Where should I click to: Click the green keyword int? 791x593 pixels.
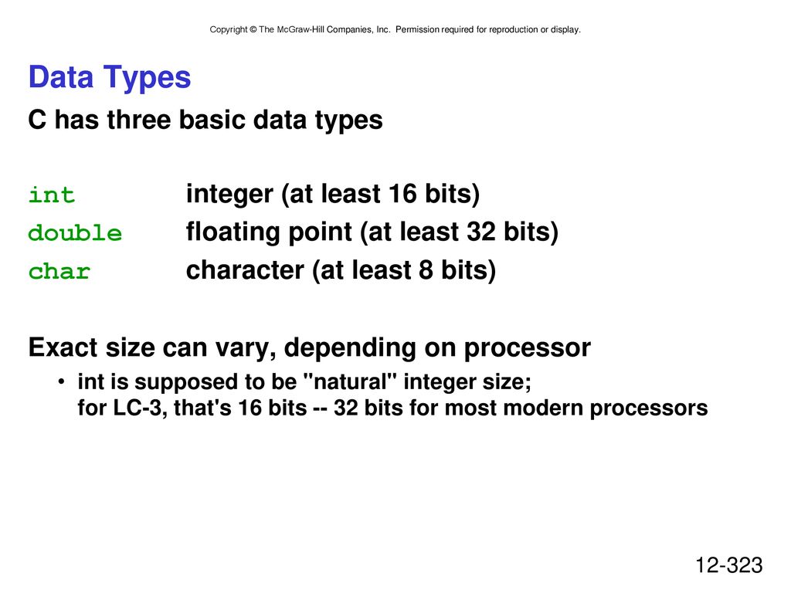[52, 195]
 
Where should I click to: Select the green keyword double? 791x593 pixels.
[75, 232]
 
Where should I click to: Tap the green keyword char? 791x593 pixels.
[59, 271]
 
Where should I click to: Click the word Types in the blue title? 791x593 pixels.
[148, 78]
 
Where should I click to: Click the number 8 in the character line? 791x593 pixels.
[426, 269]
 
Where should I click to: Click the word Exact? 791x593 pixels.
[63, 347]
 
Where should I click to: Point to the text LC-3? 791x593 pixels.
[139, 408]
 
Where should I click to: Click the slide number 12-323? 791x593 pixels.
[729, 565]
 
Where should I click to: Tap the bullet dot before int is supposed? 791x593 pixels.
[61, 381]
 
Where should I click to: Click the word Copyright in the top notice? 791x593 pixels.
[229, 30]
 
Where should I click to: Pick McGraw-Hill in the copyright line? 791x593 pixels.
[300, 30]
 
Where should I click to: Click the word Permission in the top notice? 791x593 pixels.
[418, 30]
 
